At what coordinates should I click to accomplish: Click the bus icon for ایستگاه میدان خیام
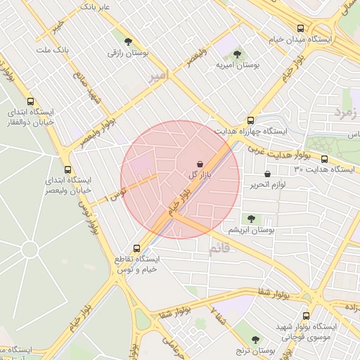(x=301, y=29)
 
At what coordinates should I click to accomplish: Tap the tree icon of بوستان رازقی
(x=127, y=41)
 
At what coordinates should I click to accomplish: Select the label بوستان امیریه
(x=236, y=65)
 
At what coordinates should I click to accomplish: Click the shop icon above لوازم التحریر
(x=267, y=174)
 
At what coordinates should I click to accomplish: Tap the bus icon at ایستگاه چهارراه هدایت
(x=250, y=120)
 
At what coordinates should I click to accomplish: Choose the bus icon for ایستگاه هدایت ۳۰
(x=325, y=159)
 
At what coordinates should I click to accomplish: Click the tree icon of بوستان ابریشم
(x=251, y=219)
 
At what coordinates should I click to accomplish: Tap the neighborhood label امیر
(x=159, y=75)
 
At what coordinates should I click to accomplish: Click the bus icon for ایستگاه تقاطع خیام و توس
(x=136, y=248)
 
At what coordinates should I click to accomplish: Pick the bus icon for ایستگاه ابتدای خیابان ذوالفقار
(x=30, y=101)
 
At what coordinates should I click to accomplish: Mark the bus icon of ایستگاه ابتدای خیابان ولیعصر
(x=68, y=169)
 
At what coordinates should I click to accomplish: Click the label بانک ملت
(x=53, y=51)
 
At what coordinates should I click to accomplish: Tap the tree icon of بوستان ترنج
(x=255, y=339)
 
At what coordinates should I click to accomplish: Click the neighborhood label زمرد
(x=345, y=112)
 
